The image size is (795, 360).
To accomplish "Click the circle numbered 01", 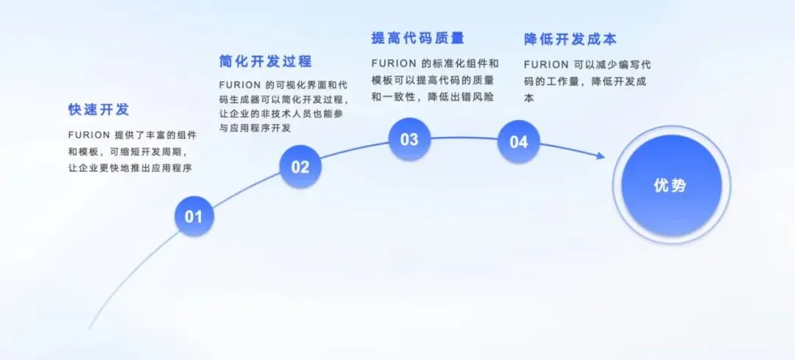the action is click(194, 216).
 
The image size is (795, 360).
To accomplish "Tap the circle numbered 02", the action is click(300, 166).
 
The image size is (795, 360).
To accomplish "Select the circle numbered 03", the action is click(409, 139).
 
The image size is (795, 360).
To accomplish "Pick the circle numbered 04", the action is click(518, 141).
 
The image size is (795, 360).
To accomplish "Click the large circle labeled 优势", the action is click(671, 186).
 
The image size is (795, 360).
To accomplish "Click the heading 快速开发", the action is click(99, 110).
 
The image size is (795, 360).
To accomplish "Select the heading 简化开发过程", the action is click(266, 60).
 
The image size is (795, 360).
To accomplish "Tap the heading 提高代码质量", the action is click(418, 38).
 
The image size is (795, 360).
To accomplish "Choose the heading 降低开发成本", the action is click(570, 38).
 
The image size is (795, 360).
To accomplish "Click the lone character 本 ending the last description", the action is click(529, 97).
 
